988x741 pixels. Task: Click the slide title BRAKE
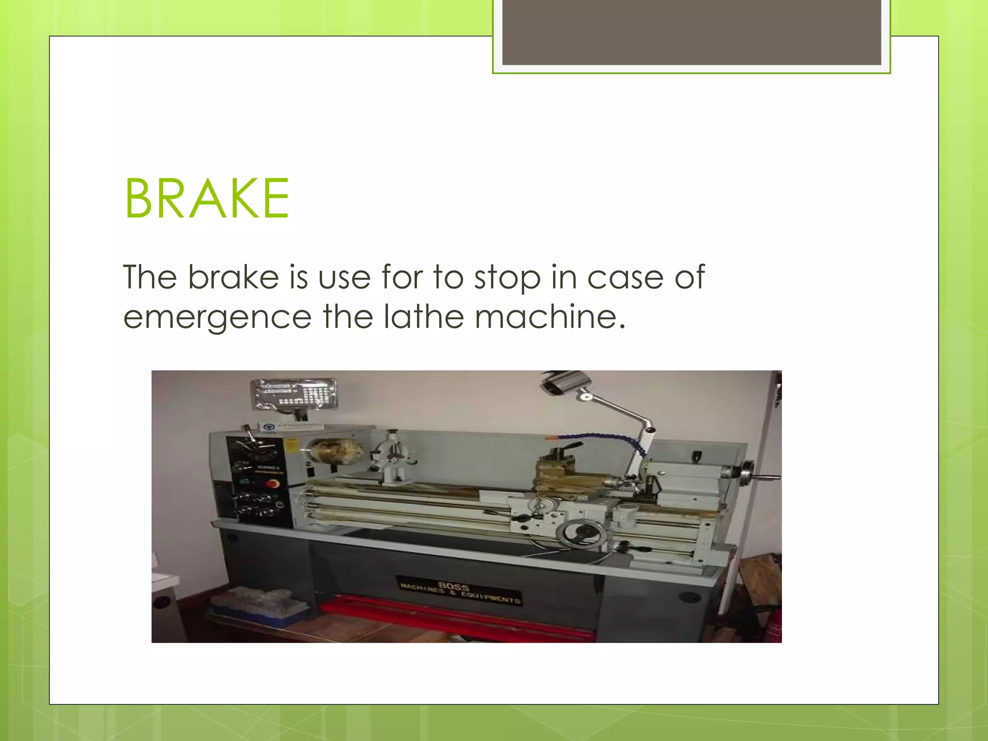(207, 198)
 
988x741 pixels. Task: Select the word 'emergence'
(218, 317)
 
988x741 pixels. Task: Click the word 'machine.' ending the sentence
(550, 317)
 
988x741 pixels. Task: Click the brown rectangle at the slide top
(691, 32)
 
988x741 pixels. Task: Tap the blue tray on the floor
(261, 608)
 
